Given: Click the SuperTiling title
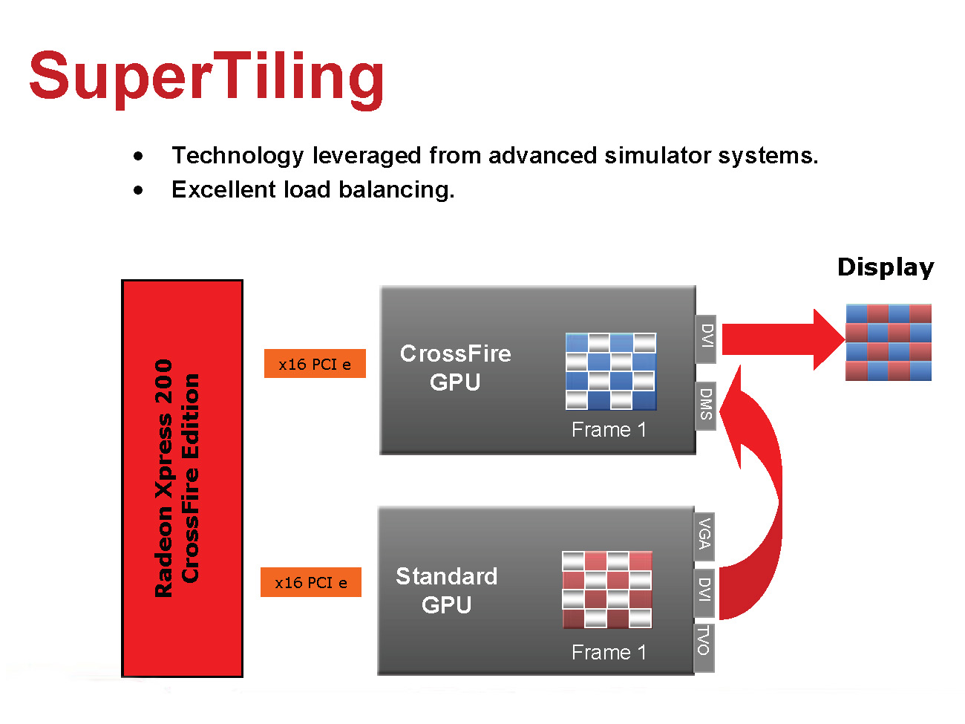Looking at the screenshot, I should (x=206, y=77).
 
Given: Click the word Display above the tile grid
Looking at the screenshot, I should (x=885, y=267).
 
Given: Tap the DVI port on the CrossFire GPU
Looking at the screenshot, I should (x=706, y=339).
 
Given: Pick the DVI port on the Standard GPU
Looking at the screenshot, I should (x=704, y=592).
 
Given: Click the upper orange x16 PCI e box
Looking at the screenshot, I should (x=315, y=364).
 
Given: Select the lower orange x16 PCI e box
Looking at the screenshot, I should (x=311, y=582).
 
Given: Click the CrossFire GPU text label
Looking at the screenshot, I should (x=455, y=368).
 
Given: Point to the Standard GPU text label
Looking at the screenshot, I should (x=447, y=590).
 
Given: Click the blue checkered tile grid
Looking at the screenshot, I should (x=611, y=371).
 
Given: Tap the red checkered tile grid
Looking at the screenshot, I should (x=607, y=590).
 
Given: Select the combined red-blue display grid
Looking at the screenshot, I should (x=888, y=342).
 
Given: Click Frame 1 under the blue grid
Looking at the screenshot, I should (x=609, y=430).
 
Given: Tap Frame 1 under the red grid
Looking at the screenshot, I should (x=609, y=653).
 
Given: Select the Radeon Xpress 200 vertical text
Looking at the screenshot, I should (x=165, y=479).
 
